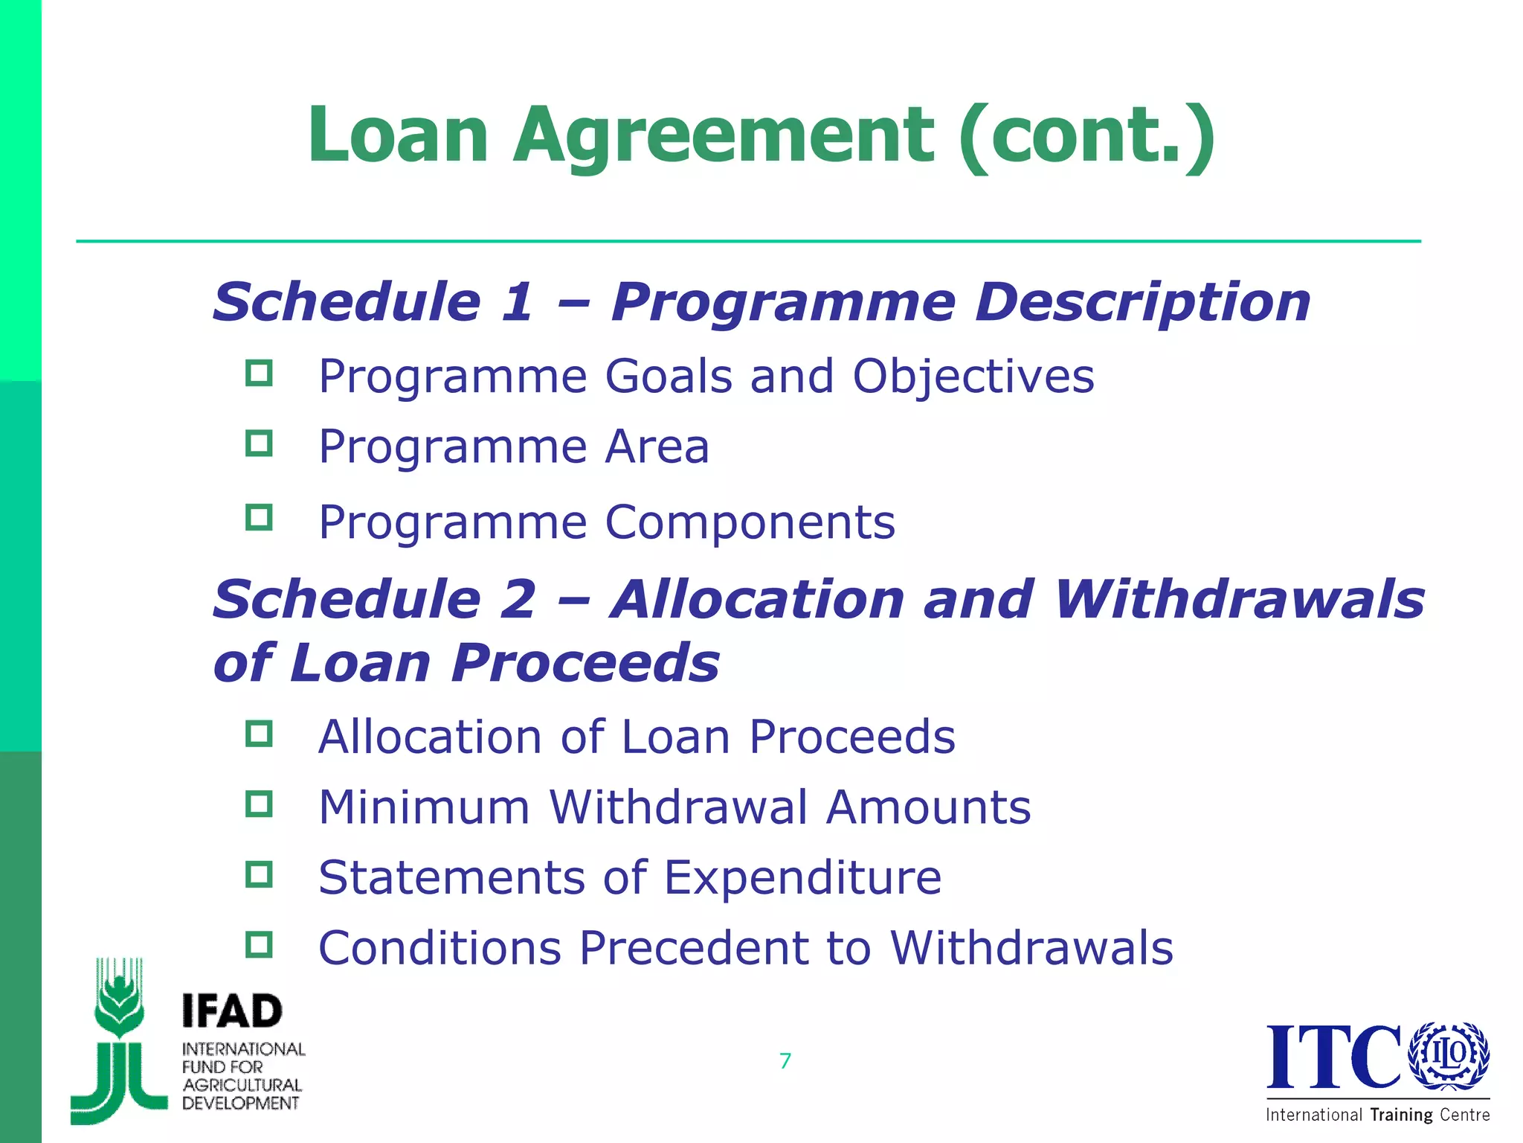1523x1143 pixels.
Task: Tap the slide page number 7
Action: [785, 1060]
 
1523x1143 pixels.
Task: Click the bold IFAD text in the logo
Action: [232, 1011]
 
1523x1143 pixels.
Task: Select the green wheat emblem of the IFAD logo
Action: [119, 1042]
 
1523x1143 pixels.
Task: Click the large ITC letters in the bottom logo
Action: [1334, 1057]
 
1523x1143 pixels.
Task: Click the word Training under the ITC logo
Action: [1401, 1115]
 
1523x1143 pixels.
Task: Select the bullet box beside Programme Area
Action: [259, 444]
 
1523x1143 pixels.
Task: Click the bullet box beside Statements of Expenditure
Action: [259, 874]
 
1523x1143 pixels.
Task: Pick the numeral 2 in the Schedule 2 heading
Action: [518, 600]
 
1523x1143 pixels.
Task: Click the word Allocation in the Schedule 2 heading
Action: [757, 600]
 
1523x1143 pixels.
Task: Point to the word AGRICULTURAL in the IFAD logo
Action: [242, 1085]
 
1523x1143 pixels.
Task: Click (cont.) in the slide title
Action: [1087, 135]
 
